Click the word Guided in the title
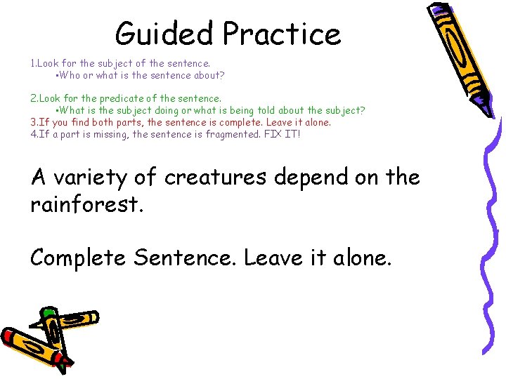[x=164, y=33]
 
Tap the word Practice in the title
[x=282, y=33]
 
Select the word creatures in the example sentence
[x=215, y=178]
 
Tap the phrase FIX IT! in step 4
[x=281, y=133]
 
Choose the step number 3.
[x=33, y=122]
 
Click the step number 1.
[x=32, y=63]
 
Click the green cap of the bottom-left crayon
[x=48, y=312]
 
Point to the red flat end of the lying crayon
[x=8, y=337]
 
